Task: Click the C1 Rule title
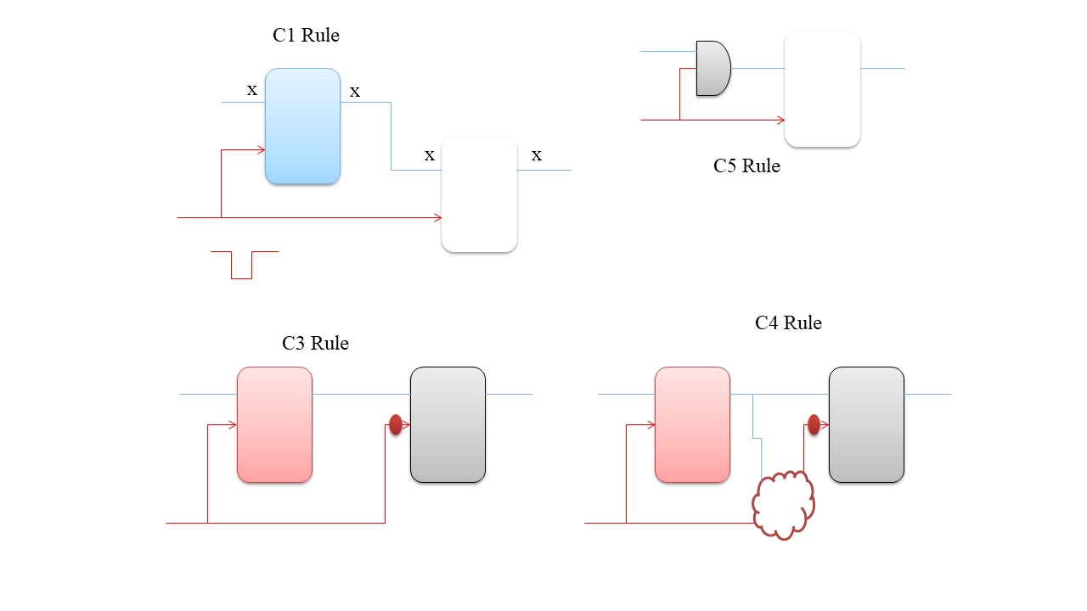[x=306, y=36]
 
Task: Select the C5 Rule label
[x=746, y=166]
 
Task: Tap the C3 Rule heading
[x=315, y=344]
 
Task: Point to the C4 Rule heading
[x=788, y=323]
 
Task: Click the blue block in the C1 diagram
[x=302, y=126]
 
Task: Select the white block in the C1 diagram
[x=479, y=194]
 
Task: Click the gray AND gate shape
[x=712, y=68]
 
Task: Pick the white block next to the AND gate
[x=822, y=89]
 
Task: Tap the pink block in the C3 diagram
[x=274, y=425]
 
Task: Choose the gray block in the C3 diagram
[x=448, y=425]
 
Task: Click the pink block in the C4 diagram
[x=692, y=425]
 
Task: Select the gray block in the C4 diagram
[x=866, y=425]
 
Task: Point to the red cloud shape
[x=783, y=504]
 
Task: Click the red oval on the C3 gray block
[x=395, y=424]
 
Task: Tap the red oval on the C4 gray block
[x=814, y=424]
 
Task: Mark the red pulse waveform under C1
[x=243, y=264]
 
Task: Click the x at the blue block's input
[x=251, y=90]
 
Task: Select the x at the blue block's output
[x=355, y=92]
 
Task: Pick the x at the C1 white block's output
[x=536, y=155]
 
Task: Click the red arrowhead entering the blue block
[x=261, y=150]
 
